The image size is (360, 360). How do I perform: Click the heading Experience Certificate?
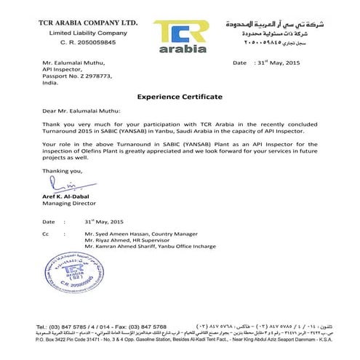(180, 97)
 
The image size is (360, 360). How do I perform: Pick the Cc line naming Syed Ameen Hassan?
(133, 233)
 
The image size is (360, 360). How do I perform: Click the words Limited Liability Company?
(77, 33)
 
